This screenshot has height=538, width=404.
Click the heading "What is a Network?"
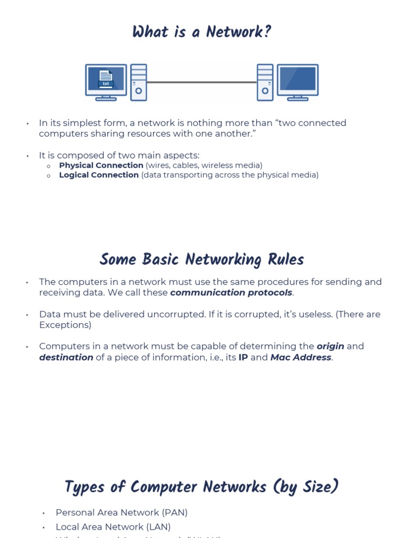(202, 33)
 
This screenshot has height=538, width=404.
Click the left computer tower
(138, 82)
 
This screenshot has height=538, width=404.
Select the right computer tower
(265, 82)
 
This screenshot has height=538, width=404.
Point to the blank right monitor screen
(298, 79)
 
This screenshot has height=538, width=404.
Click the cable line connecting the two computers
(202, 82)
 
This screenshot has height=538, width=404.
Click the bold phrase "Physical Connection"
(101, 165)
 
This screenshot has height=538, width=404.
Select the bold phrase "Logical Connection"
(99, 175)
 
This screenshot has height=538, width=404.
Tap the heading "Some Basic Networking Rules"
(202, 260)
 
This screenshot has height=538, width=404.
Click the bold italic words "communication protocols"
(231, 293)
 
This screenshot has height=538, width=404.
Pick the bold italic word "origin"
(330, 346)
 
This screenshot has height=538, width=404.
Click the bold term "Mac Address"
(301, 357)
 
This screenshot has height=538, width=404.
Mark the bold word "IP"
(243, 357)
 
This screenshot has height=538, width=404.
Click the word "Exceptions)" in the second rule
(65, 325)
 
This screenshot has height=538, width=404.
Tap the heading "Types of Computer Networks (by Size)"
(202, 487)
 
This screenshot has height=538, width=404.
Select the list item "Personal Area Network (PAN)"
(122, 512)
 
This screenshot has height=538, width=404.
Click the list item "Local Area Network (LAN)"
(113, 526)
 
